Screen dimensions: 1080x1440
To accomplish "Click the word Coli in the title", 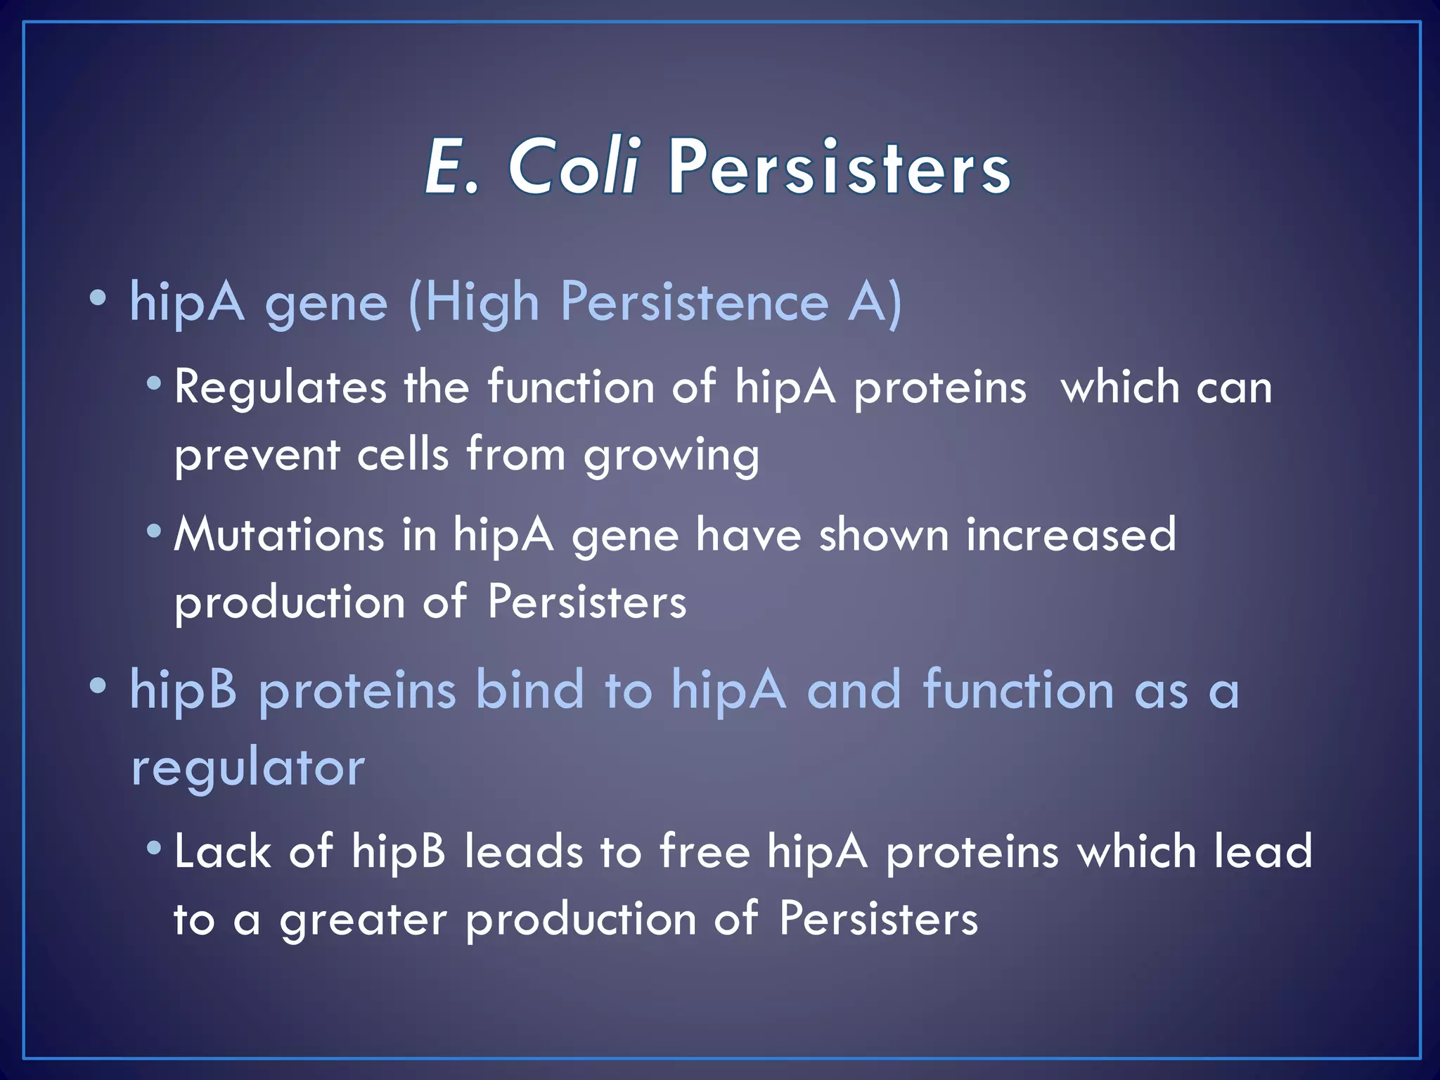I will coord(573,167).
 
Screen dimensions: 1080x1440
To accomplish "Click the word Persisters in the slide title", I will coord(839,167).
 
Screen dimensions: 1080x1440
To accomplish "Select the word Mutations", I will coord(279,534).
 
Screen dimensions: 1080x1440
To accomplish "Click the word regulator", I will coord(247,768).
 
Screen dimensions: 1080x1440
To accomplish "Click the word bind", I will coord(529,690).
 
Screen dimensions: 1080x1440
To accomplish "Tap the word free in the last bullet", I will coord(705,851).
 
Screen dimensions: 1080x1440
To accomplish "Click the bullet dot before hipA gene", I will coord(98,300).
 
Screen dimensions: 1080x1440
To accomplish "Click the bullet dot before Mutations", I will coord(154,531).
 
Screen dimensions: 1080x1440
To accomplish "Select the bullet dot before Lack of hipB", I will coord(154,848).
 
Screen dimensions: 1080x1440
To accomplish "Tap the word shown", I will coord(884,534).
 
